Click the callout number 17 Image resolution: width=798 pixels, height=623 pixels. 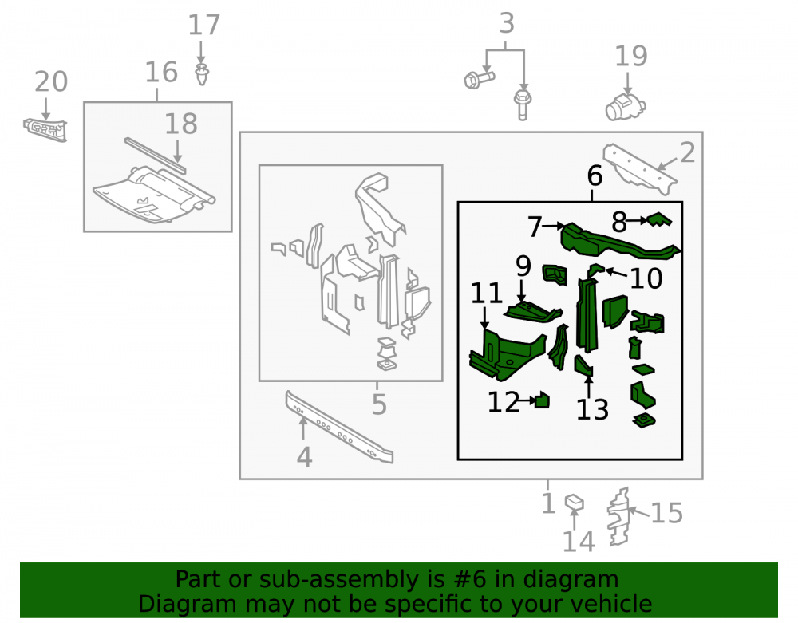[x=204, y=25]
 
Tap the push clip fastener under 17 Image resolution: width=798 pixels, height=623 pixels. [x=202, y=74]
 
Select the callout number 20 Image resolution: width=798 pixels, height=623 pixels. [x=51, y=81]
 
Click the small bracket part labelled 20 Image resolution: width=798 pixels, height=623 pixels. [x=45, y=130]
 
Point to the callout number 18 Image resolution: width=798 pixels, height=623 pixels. [x=180, y=124]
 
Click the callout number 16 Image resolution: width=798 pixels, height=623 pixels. [x=161, y=73]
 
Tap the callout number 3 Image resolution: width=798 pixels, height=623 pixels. [x=507, y=23]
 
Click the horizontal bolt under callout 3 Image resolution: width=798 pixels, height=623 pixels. [x=480, y=80]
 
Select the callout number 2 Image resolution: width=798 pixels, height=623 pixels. [x=688, y=152]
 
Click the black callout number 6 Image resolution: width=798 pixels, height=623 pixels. [x=595, y=176]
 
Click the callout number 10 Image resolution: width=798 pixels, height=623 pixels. [x=646, y=278]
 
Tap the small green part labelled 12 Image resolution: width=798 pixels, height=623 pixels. [x=543, y=400]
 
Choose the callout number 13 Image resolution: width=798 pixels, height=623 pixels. [x=592, y=410]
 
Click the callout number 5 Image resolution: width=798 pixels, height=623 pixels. [x=379, y=404]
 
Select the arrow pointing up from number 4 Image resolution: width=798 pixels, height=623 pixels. [x=303, y=428]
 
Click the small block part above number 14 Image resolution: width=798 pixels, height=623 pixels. [x=574, y=503]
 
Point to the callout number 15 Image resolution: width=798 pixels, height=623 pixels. [x=666, y=513]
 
